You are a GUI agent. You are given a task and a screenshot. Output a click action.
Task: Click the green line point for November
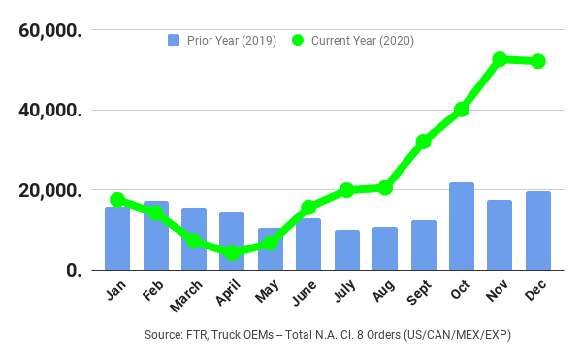pyautogui.click(x=500, y=59)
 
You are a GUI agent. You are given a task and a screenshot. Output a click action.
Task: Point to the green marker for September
pyautogui.click(x=423, y=142)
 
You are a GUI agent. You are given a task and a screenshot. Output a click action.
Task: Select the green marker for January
pyautogui.click(x=117, y=200)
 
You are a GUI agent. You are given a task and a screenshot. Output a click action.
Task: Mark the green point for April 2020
pyautogui.click(x=232, y=254)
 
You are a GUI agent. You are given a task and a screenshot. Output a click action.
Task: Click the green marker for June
pyautogui.click(x=308, y=207)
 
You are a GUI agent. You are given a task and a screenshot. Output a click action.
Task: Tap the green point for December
pyautogui.click(x=537, y=61)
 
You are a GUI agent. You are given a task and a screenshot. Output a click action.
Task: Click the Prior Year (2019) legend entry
pyautogui.click(x=222, y=40)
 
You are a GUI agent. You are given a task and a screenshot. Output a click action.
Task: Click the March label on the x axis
pyautogui.click(x=186, y=295)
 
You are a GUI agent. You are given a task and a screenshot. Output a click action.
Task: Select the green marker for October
pyautogui.click(x=462, y=110)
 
